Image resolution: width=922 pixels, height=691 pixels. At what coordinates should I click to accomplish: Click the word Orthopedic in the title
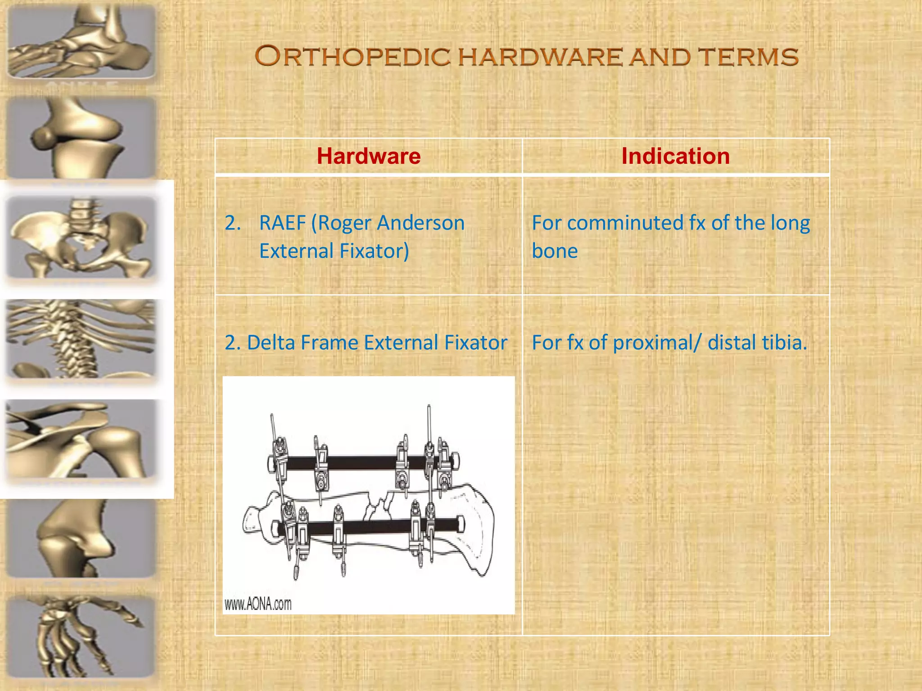[353, 57]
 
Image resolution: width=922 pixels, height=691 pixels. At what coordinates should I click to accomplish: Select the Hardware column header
[368, 156]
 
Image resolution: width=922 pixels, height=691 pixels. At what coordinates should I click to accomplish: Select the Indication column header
[675, 156]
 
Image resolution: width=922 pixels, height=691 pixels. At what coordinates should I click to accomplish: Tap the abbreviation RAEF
[282, 223]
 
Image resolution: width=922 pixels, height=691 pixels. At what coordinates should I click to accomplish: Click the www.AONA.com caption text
[258, 604]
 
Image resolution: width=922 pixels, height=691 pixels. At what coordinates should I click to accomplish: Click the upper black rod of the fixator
[360, 463]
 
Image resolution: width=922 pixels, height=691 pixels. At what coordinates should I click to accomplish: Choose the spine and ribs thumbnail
[81, 338]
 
